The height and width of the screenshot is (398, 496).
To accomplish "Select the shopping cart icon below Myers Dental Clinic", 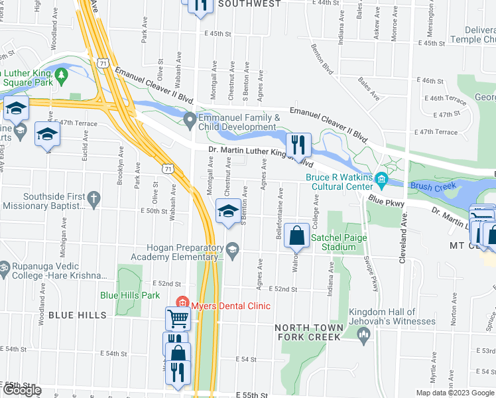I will [178, 319].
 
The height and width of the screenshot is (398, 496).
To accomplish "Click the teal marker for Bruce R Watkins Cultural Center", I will [381, 179].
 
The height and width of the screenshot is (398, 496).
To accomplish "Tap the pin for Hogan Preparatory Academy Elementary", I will [232, 249].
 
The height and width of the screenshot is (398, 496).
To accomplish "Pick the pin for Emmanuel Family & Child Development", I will [190, 121].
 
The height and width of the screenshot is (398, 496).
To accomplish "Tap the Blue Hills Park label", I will [130, 295].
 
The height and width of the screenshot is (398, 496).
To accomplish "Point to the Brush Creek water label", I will [433, 186].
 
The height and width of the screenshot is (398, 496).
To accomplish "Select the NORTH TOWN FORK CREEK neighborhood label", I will [310, 332].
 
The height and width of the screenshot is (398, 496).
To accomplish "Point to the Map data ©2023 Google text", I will [454, 393].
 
